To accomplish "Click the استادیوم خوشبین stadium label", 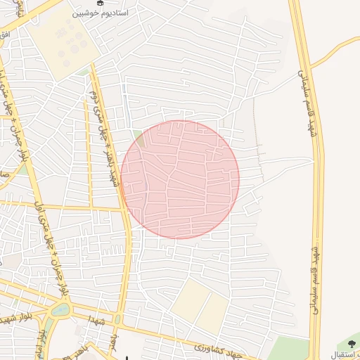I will (x=106, y=13).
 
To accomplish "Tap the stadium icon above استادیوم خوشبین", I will (x=100, y=3).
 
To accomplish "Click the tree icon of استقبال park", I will (x=352, y=345).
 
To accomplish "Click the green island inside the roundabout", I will (x=60, y=309).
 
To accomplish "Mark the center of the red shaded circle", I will (x=180, y=179).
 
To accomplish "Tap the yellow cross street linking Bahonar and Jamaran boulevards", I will (x=70, y=208).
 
